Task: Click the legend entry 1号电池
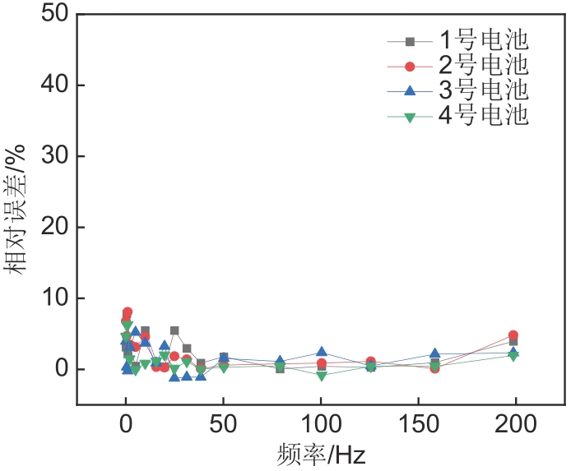point(480,40)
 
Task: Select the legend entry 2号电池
point(480,65)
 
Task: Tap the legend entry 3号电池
point(480,90)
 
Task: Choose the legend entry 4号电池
point(480,116)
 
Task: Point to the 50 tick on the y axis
point(50,15)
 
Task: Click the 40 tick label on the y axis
point(50,85)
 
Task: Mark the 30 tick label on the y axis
point(50,156)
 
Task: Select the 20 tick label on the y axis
point(50,228)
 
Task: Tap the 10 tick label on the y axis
point(50,298)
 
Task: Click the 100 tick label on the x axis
point(321,425)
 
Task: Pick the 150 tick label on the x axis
point(419,425)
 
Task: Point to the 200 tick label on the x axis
point(516,425)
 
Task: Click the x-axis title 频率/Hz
point(321,455)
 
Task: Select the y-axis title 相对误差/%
point(21,209)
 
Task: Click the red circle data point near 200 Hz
point(513,336)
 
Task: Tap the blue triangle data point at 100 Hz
point(322,352)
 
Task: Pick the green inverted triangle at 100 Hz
point(322,376)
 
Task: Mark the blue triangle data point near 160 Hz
point(435,354)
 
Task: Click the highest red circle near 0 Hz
point(128,312)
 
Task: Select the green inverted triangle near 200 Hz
point(513,356)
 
